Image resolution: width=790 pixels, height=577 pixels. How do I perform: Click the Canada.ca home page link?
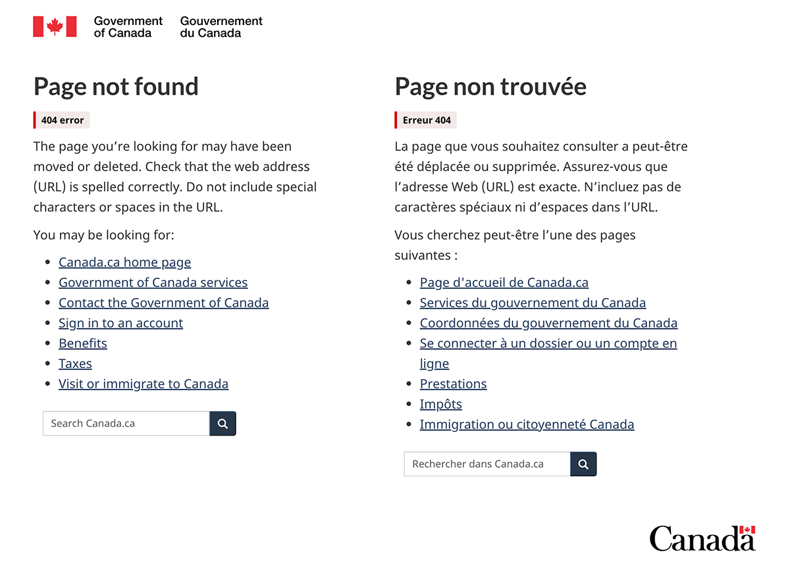(124, 263)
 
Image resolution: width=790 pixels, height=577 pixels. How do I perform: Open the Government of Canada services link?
(153, 283)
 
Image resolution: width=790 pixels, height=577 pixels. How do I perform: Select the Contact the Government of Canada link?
(163, 303)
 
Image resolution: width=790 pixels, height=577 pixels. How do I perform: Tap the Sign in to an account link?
(120, 323)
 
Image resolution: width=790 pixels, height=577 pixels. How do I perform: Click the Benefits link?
(82, 343)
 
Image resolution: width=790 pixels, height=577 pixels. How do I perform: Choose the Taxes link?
(75, 364)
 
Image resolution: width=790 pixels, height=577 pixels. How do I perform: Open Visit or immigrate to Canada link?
(143, 384)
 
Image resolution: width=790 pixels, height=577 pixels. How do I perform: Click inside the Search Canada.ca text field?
(126, 424)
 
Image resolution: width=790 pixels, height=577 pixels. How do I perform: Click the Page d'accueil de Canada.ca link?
(504, 283)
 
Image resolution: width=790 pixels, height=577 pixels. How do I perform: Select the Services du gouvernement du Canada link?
(533, 303)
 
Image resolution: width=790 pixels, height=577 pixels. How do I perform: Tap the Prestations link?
(453, 384)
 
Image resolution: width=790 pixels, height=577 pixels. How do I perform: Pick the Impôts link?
(440, 405)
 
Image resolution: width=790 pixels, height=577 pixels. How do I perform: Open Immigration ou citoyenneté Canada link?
(527, 425)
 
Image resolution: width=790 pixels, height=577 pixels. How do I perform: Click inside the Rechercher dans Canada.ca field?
(487, 464)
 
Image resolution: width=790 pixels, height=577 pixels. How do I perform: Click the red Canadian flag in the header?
(55, 27)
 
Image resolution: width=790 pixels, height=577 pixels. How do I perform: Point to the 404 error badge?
(62, 120)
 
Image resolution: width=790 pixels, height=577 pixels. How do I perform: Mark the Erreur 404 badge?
(426, 120)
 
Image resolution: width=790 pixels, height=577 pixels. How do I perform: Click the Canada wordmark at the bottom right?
(702, 539)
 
